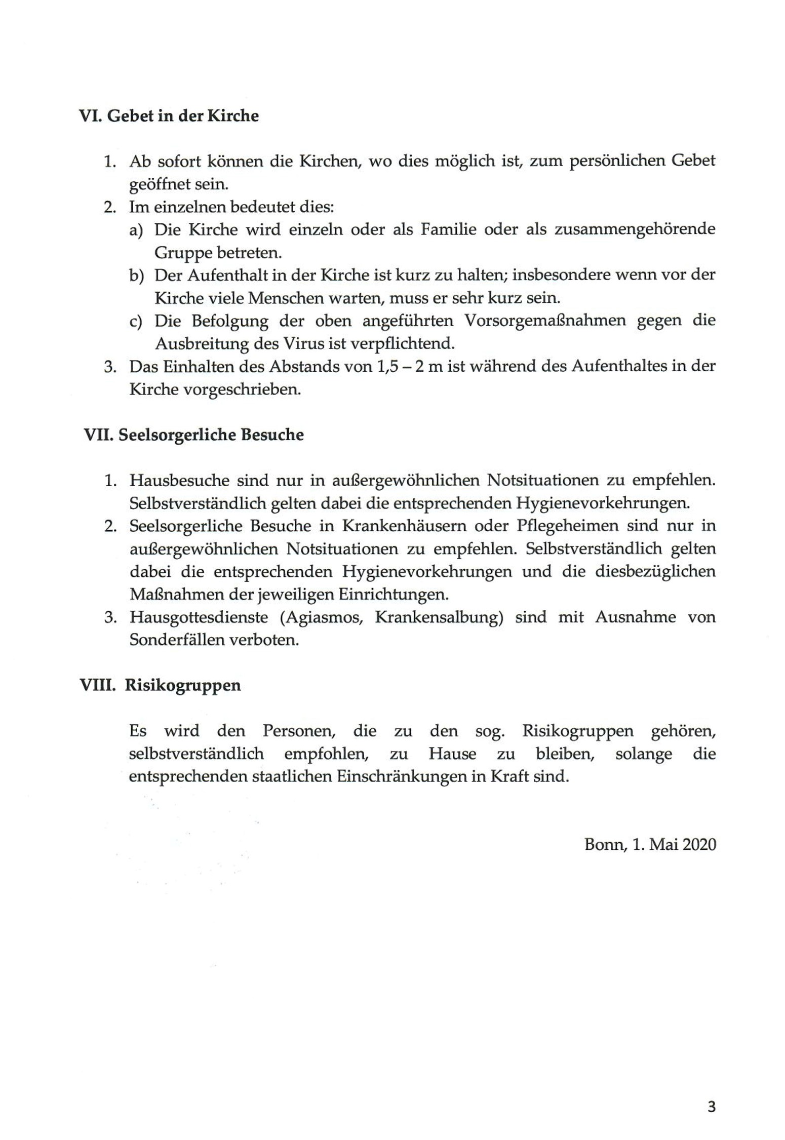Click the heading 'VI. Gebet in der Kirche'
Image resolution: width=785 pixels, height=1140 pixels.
click(169, 116)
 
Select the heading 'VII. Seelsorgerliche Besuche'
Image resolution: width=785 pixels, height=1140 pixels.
click(194, 435)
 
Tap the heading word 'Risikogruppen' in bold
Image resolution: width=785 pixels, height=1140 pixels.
click(183, 685)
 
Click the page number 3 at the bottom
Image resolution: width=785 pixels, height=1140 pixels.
click(711, 1107)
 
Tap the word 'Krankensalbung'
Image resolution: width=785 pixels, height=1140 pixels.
click(439, 617)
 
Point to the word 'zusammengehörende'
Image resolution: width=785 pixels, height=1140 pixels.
click(635, 229)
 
